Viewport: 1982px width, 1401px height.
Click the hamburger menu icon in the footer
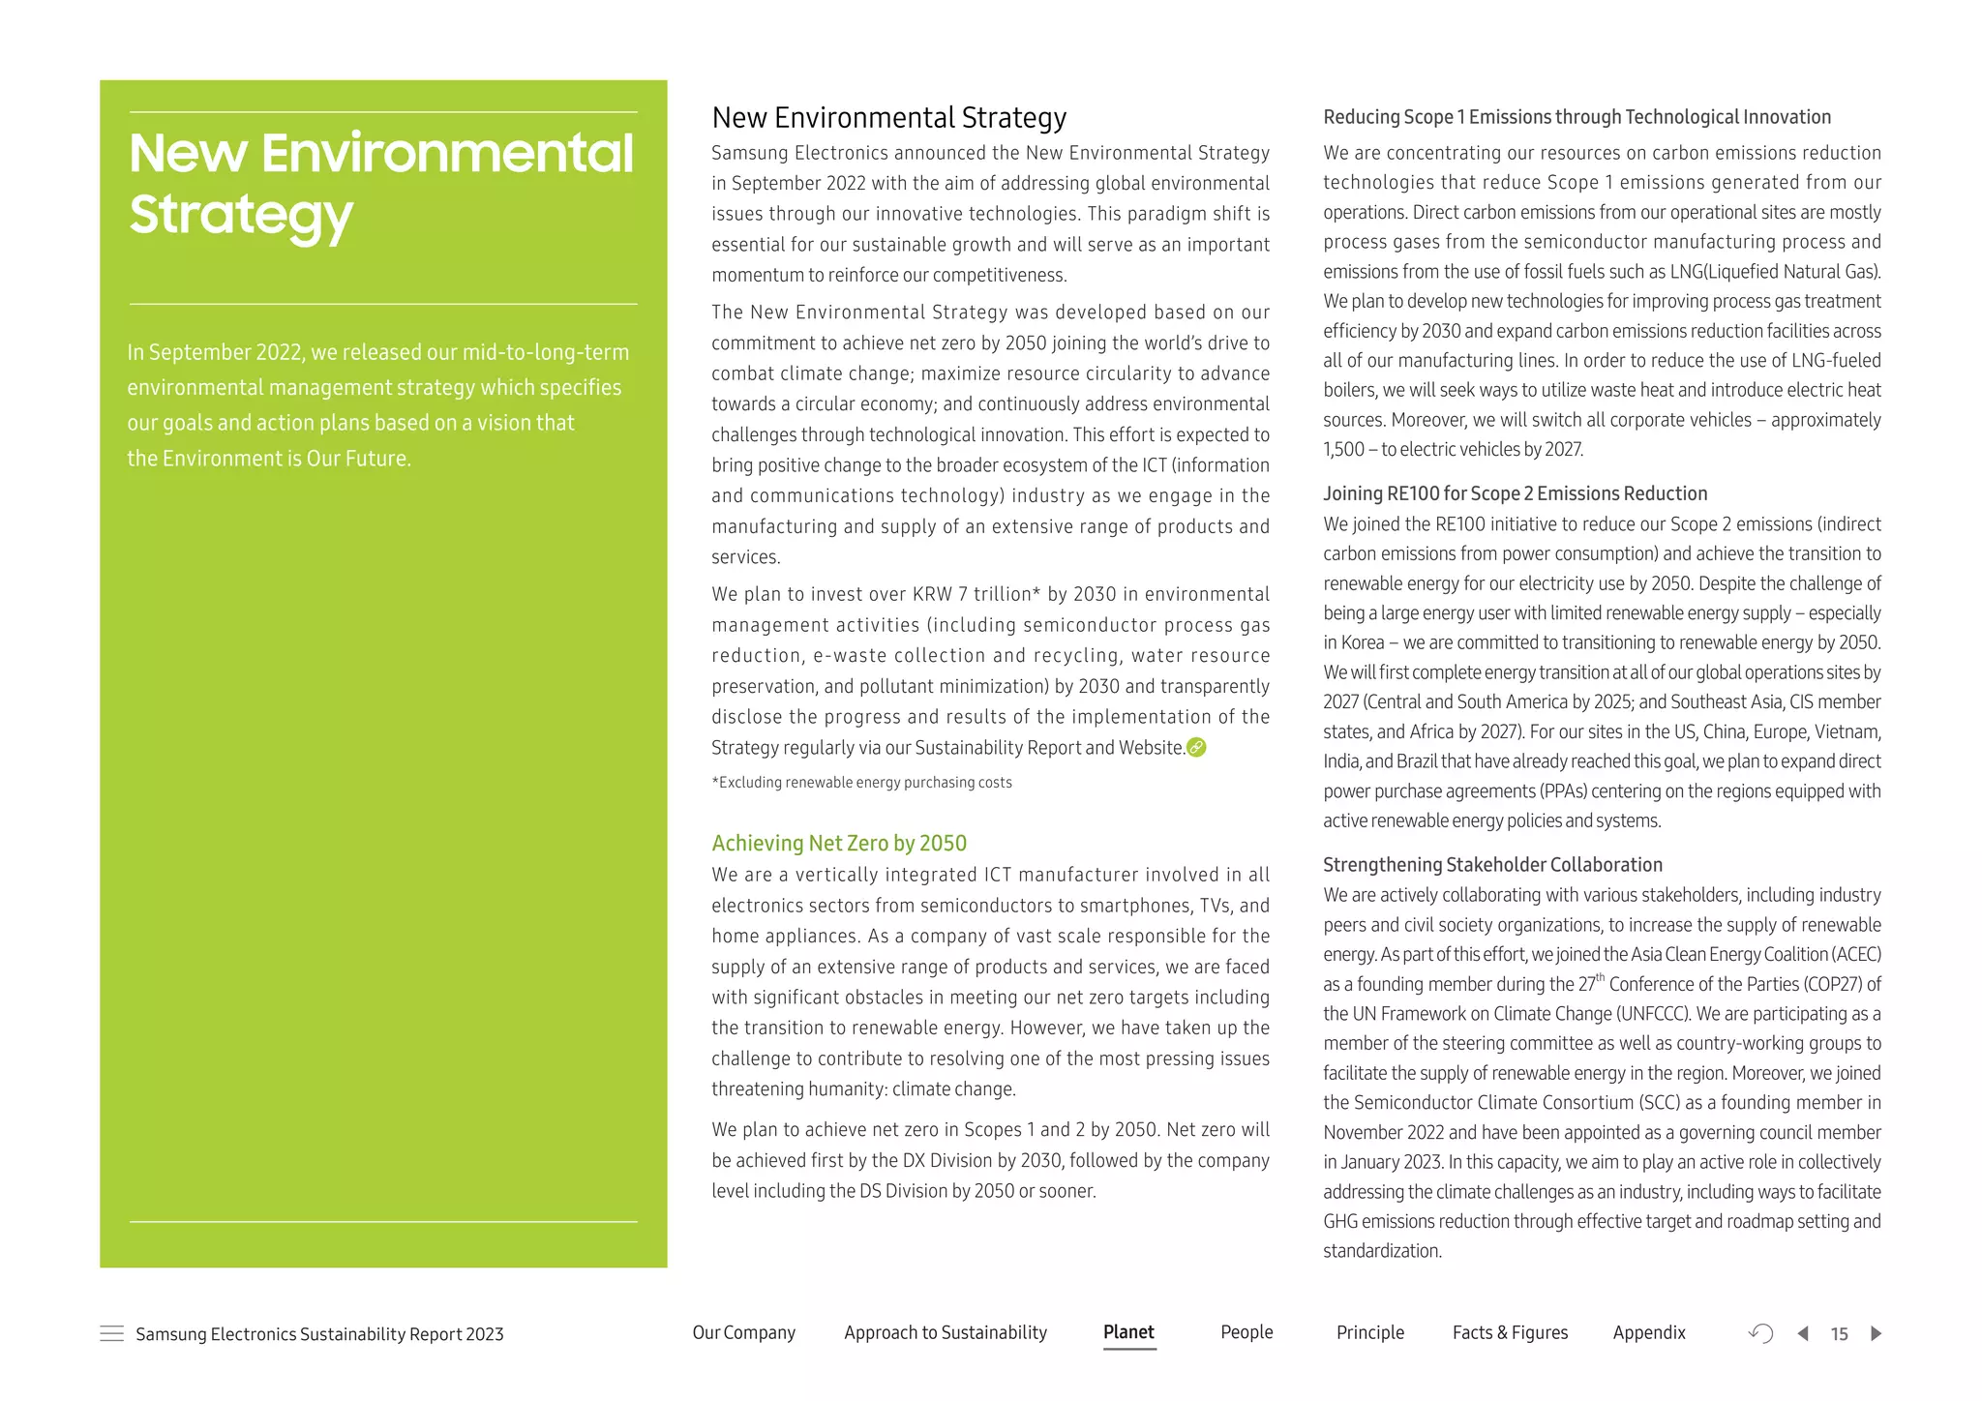(112, 1333)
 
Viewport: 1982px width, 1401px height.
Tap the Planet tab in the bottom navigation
(1128, 1332)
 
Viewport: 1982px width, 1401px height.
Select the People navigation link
(1246, 1332)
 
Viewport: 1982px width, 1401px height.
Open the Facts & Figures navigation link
(1510, 1332)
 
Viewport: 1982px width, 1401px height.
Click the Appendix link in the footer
(1649, 1332)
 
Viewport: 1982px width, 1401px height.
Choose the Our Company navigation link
(743, 1332)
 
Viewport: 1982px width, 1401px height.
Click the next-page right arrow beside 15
(1877, 1333)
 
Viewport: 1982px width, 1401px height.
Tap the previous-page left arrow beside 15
(1803, 1333)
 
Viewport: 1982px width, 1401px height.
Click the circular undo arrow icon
(1761, 1333)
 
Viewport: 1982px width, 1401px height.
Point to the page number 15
(1840, 1334)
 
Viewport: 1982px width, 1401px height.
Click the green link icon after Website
(1196, 747)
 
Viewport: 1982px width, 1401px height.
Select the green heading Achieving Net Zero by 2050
(839, 843)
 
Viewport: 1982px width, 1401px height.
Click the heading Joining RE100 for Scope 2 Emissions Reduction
(1515, 493)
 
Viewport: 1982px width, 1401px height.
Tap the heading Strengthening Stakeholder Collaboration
(1492, 865)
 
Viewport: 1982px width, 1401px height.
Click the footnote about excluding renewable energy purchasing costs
(861, 782)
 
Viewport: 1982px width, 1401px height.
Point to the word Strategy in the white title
(241, 215)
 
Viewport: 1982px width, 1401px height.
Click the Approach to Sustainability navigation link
(946, 1332)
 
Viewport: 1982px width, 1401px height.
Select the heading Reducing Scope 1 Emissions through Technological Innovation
(1577, 117)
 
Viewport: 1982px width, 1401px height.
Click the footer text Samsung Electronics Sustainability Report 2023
(319, 1334)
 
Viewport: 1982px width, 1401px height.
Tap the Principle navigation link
(1369, 1332)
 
